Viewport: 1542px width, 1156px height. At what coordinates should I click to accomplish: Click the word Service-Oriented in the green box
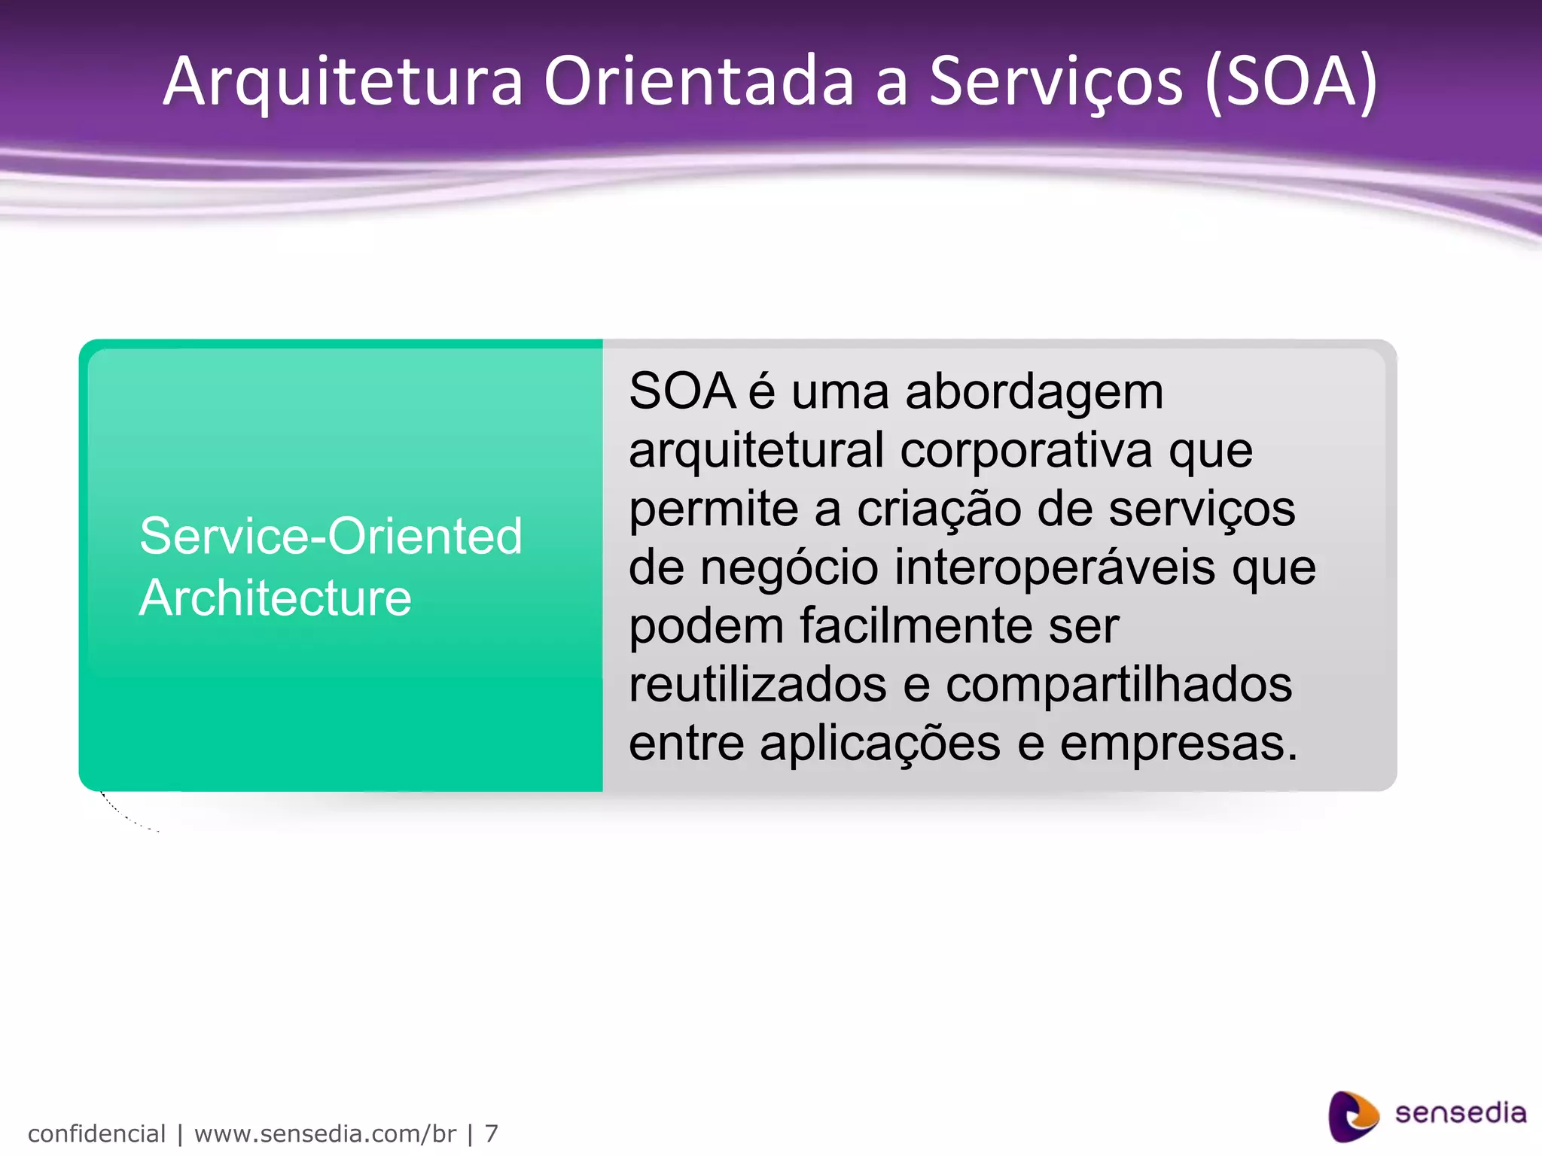[331, 537]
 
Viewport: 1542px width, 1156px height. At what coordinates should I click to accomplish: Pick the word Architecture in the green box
[276, 598]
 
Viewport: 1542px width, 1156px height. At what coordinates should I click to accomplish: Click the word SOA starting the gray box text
[681, 391]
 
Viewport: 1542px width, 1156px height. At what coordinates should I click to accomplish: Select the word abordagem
[1034, 393]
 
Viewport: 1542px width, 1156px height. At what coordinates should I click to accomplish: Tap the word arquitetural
[756, 451]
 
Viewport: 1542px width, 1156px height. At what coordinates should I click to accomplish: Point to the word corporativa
[1025, 451]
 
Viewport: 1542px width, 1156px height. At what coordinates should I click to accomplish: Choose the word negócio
[789, 567]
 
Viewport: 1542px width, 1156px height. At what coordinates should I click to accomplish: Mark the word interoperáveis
[1054, 567]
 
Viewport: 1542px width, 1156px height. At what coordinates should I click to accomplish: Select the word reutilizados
[757, 685]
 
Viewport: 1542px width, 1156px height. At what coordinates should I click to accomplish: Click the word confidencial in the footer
[96, 1133]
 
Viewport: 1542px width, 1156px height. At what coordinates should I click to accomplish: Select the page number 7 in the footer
[491, 1133]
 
